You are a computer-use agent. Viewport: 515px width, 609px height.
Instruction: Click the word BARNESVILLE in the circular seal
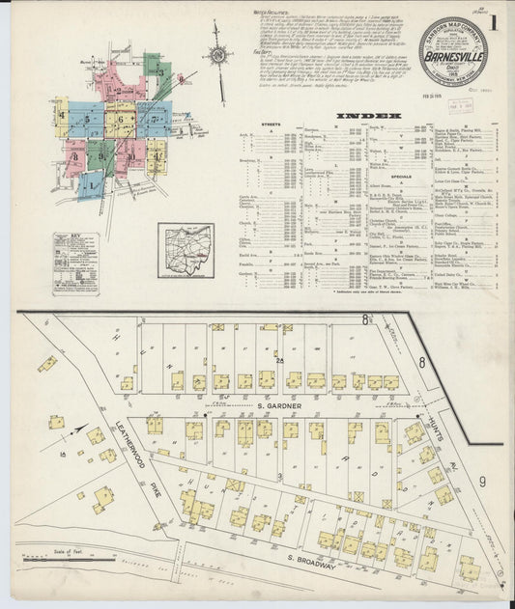pos(453,56)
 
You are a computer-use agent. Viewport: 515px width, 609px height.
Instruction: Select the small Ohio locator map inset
pos(186,250)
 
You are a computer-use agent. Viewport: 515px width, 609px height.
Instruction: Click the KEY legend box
pos(75,263)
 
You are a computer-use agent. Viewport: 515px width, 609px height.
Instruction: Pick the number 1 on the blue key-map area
pos(91,183)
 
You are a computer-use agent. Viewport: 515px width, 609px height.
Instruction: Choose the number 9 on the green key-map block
pos(100,154)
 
